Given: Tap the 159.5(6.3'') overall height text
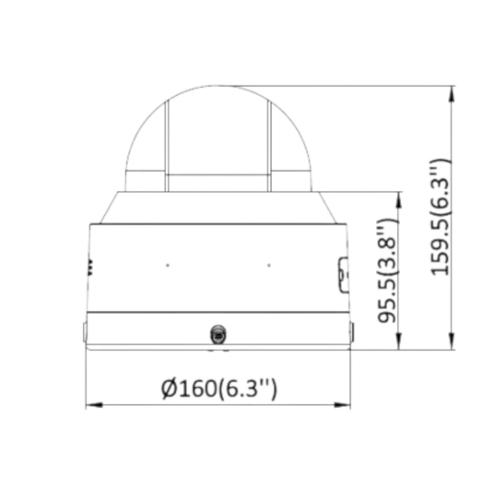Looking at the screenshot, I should (x=440, y=217).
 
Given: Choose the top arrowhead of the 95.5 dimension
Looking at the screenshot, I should (x=399, y=198).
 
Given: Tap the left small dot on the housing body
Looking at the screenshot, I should (x=168, y=265).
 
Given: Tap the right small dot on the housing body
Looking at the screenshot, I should (x=269, y=265).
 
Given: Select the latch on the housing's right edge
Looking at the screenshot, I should (x=343, y=275).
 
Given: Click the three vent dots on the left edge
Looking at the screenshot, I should (x=90, y=267).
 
